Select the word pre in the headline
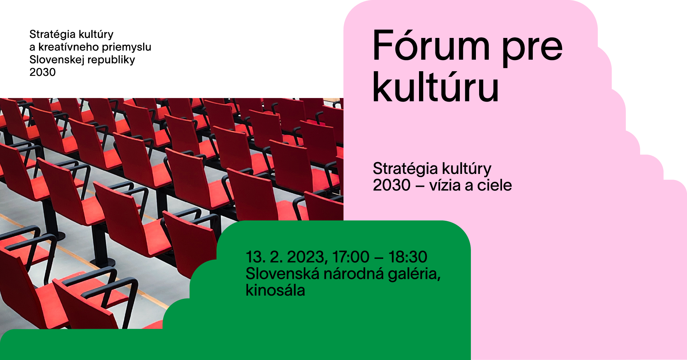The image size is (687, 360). pos(532,49)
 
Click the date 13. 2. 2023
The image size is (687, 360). pos(285,257)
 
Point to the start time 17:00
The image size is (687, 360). pos(351,257)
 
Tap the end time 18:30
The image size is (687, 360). pos(408,257)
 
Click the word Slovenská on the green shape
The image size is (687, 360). pos(283,273)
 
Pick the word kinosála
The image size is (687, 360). pos(275,290)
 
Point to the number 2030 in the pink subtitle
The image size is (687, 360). pos(391,185)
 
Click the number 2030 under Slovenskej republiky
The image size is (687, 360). pos(43,72)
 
